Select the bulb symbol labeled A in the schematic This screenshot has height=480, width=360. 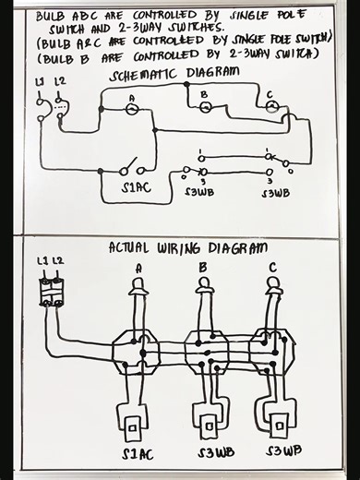pyautogui.click(x=132, y=108)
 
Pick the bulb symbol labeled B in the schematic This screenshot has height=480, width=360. pyautogui.click(x=205, y=107)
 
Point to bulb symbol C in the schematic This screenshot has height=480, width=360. pyautogui.click(x=270, y=107)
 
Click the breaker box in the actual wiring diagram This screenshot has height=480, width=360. pyautogui.click(x=50, y=294)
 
